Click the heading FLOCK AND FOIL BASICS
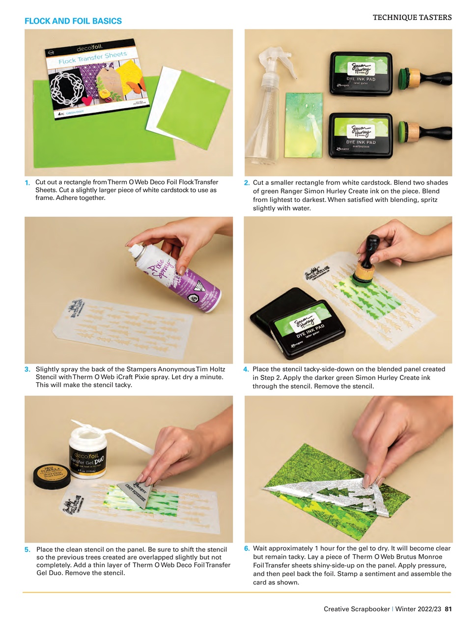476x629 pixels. pyautogui.click(x=73, y=21)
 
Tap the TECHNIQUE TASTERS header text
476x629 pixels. pyautogui.click(x=412, y=18)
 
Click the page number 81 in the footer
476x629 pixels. pyautogui.click(x=448, y=609)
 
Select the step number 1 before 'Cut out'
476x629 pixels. pyautogui.click(x=28, y=183)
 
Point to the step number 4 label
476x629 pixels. pyautogui.click(x=246, y=370)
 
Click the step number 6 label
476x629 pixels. pyautogui.click(x=247, y=548)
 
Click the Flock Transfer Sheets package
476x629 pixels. pyautogui.click(x=93, y=79)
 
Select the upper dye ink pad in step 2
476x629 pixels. pyautogui.click(x=361, y=74)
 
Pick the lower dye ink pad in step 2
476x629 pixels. pyautogui.click(x=361, y=135)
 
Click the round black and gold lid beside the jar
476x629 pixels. pyautogui.click(x=52, y=475)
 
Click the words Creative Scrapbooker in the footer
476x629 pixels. pyautogui.click(x=356, y=609)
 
